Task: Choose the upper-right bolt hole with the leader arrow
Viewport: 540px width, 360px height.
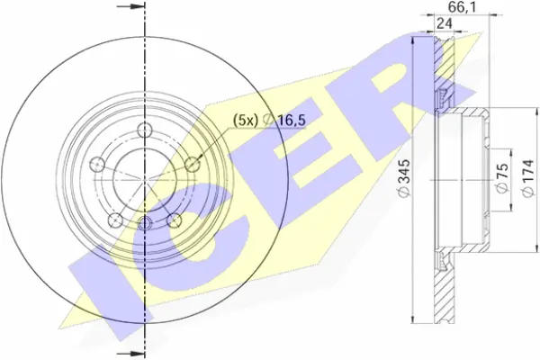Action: point(191,163)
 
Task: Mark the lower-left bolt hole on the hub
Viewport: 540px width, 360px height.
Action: point(114,218)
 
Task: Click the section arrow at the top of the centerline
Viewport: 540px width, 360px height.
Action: point(135,6)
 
